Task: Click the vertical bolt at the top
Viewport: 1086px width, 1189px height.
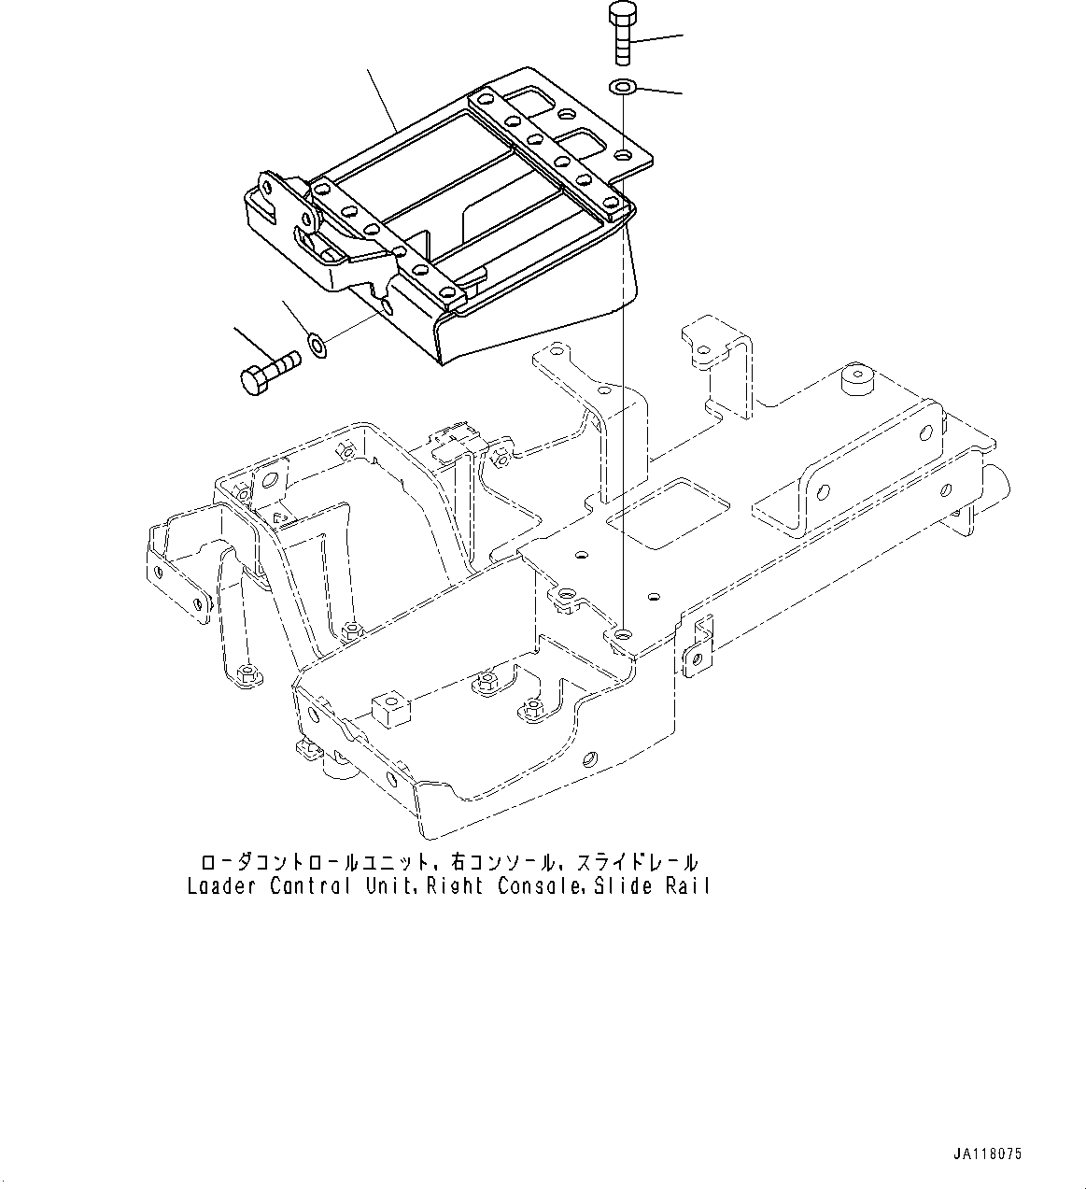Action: [622, 34]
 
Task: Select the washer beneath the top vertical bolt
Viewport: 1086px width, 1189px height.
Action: [622, 87]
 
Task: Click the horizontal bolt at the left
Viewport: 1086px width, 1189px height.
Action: [266, 371]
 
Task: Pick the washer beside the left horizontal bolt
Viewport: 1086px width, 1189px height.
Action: [317, 347]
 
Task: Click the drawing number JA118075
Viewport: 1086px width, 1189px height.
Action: [988, 1154]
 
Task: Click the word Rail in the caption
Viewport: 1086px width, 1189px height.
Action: [687, 885]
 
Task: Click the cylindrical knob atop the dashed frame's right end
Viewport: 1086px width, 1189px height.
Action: [856, 382]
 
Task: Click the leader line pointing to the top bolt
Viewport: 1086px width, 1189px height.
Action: [659, 39]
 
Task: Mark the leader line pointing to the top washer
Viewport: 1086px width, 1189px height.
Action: [659, 91]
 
